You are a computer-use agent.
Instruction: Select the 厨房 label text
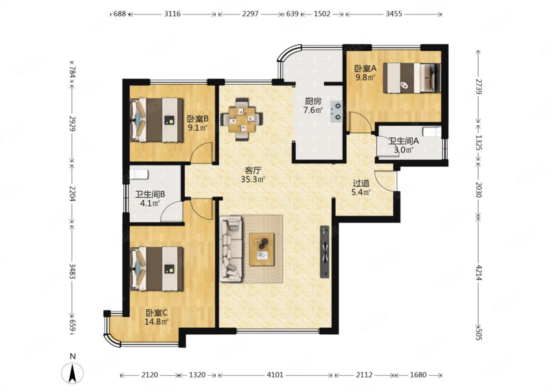click(313, 101)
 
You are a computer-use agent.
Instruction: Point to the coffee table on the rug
click(261, 249)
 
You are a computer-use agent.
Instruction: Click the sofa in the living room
click(231, 249)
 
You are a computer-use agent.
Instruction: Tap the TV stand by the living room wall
click(325, 252)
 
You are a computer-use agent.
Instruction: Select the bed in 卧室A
click(411, 78)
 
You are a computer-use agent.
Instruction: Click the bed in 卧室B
click(157, 120)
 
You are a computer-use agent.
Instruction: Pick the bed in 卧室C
click(157, 269)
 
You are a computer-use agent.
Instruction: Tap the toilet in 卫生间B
click(139, 174)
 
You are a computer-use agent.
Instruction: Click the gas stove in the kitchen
click(336, 112)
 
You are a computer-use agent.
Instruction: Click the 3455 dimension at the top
click(393, 14)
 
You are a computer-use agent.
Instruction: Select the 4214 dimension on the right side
click(479, 273)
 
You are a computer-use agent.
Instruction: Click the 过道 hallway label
click(361, 183)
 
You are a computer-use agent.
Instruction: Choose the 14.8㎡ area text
click(157, 321)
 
